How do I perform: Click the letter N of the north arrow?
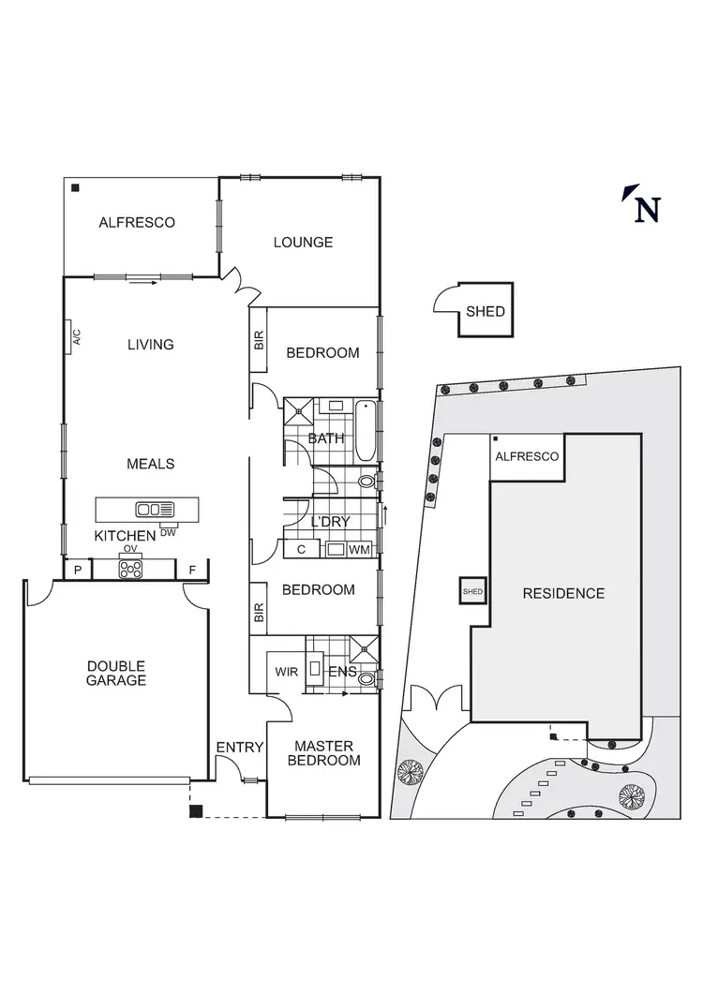pyautogui.click(x=647, y=209)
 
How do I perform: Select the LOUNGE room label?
pyautogui.click(x=303, y=242)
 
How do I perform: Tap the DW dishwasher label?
pyautogui.click(x=169, y=532)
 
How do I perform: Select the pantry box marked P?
pyautogui.click(x=77, y=569)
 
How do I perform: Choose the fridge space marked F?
pyautogui.click(x=192, y=569)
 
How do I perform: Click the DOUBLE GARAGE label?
pyautogui.click(x=115, y=673)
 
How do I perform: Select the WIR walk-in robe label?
pyautogui.click(x=286, y=672)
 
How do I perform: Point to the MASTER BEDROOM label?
pyautogui.click(x=323, y=753)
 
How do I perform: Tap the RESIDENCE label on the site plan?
pyautogui.click(x=563, y=593)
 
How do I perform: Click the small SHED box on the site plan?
pyautogui.click(x=471, y=591)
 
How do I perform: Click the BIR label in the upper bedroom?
pyautogui.click(x=259, y=341)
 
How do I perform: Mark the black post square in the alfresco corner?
pyautogui.click(x=74, y=187)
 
